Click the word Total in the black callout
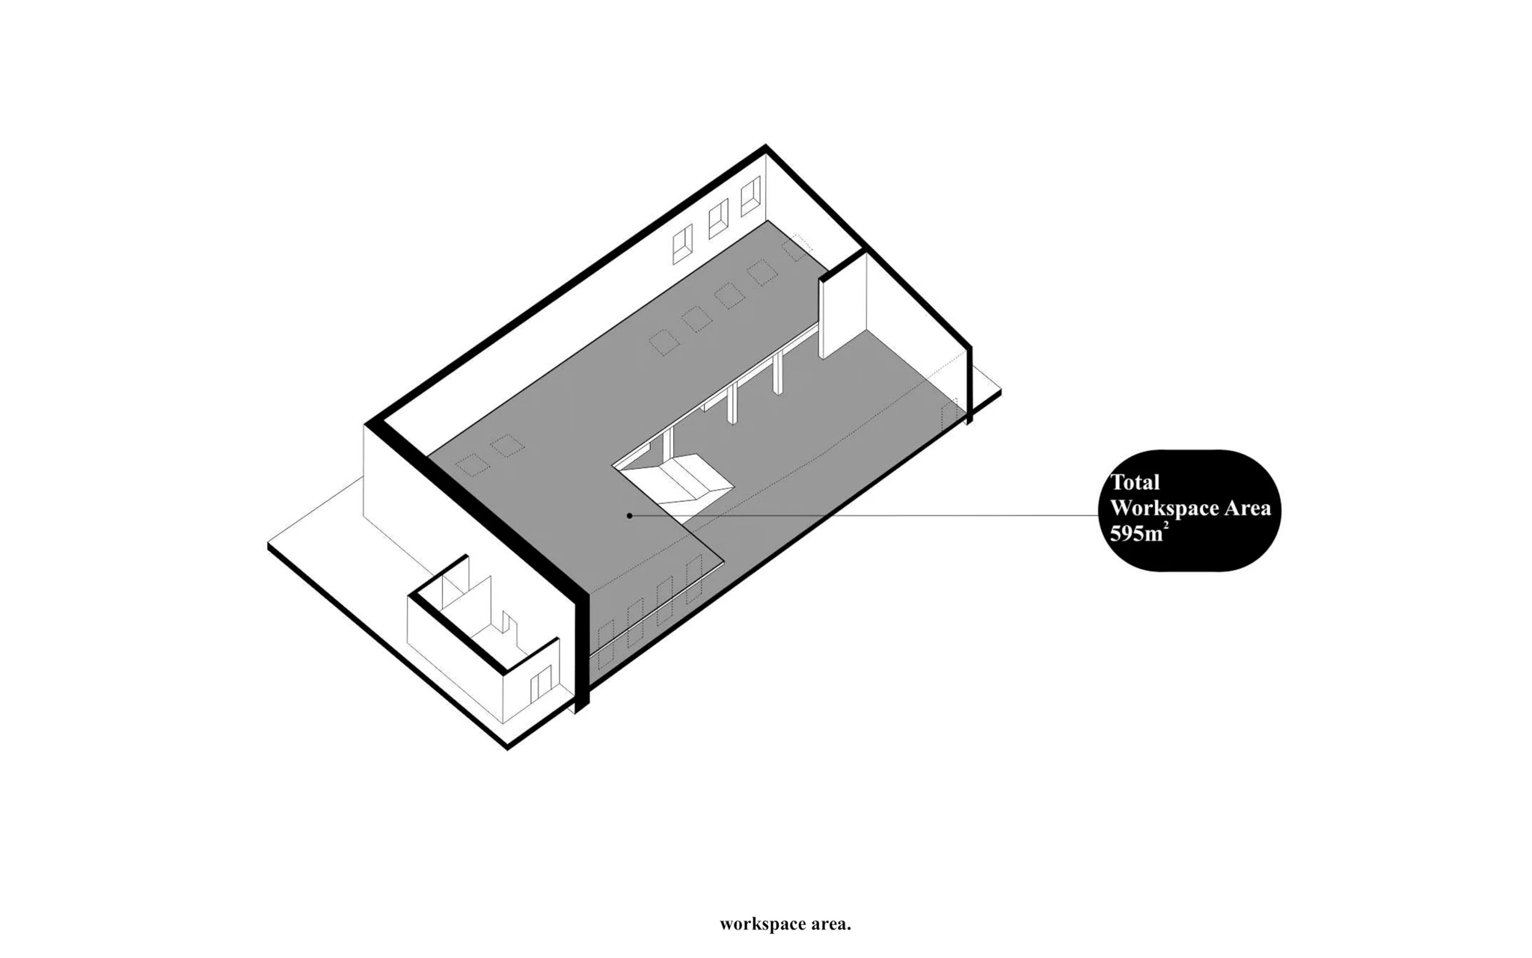coord(1135,482)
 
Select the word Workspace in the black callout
coord(1164,509)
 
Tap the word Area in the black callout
coord(1247,509)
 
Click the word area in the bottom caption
coord(828,924)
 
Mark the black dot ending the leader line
coord(630,515)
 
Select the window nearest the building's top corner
coord(750,196)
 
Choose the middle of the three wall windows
coord(718,218)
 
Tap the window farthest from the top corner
coord(682,245)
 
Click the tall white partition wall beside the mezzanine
coord(844,307)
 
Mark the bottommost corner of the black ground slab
coord(508,746)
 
